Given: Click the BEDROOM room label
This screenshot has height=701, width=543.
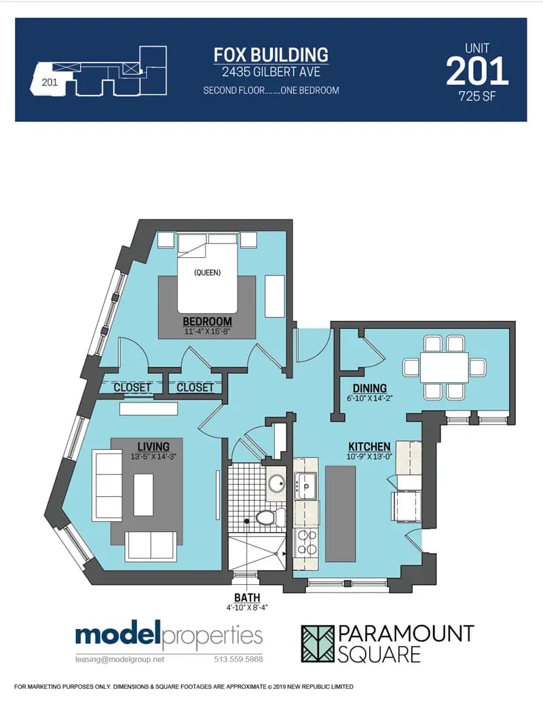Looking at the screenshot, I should pyautogui.click(x=207, y=321).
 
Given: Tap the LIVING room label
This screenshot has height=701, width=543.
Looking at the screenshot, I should pyautogui.click(x=153, y=446).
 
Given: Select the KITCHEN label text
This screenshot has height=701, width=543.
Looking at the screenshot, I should pyautogui.click(x=369, y=447).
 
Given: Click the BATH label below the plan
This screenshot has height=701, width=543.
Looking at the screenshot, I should pyautogui.click(x=246, y=597).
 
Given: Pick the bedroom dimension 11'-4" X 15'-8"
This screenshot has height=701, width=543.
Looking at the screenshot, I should pyautogui.click(x=207, y=332).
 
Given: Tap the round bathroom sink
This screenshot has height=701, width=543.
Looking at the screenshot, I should pyautogui.click(x=277, y=484).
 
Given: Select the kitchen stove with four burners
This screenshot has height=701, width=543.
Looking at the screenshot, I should pyautogui.click(x=305, y=543).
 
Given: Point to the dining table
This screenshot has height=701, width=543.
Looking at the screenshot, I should pyautogui.click(x=444, y=367).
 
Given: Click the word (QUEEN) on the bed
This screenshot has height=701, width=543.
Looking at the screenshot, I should pyautogui.click(x=207, y=273).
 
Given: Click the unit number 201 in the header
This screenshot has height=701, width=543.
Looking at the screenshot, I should pyautogui.click(x=476, y=71).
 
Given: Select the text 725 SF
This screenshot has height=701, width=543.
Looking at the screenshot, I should pyautogui.click(x=477, y=96).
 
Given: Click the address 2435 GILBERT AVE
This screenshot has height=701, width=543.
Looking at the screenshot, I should pyautogui.click(x=271, y=71).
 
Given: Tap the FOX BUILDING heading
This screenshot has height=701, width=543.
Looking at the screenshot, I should pyautogui.click(x=271, y=54).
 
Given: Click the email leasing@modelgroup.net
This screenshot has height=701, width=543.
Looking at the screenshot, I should pyautogui.click(x=119, y=659).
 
